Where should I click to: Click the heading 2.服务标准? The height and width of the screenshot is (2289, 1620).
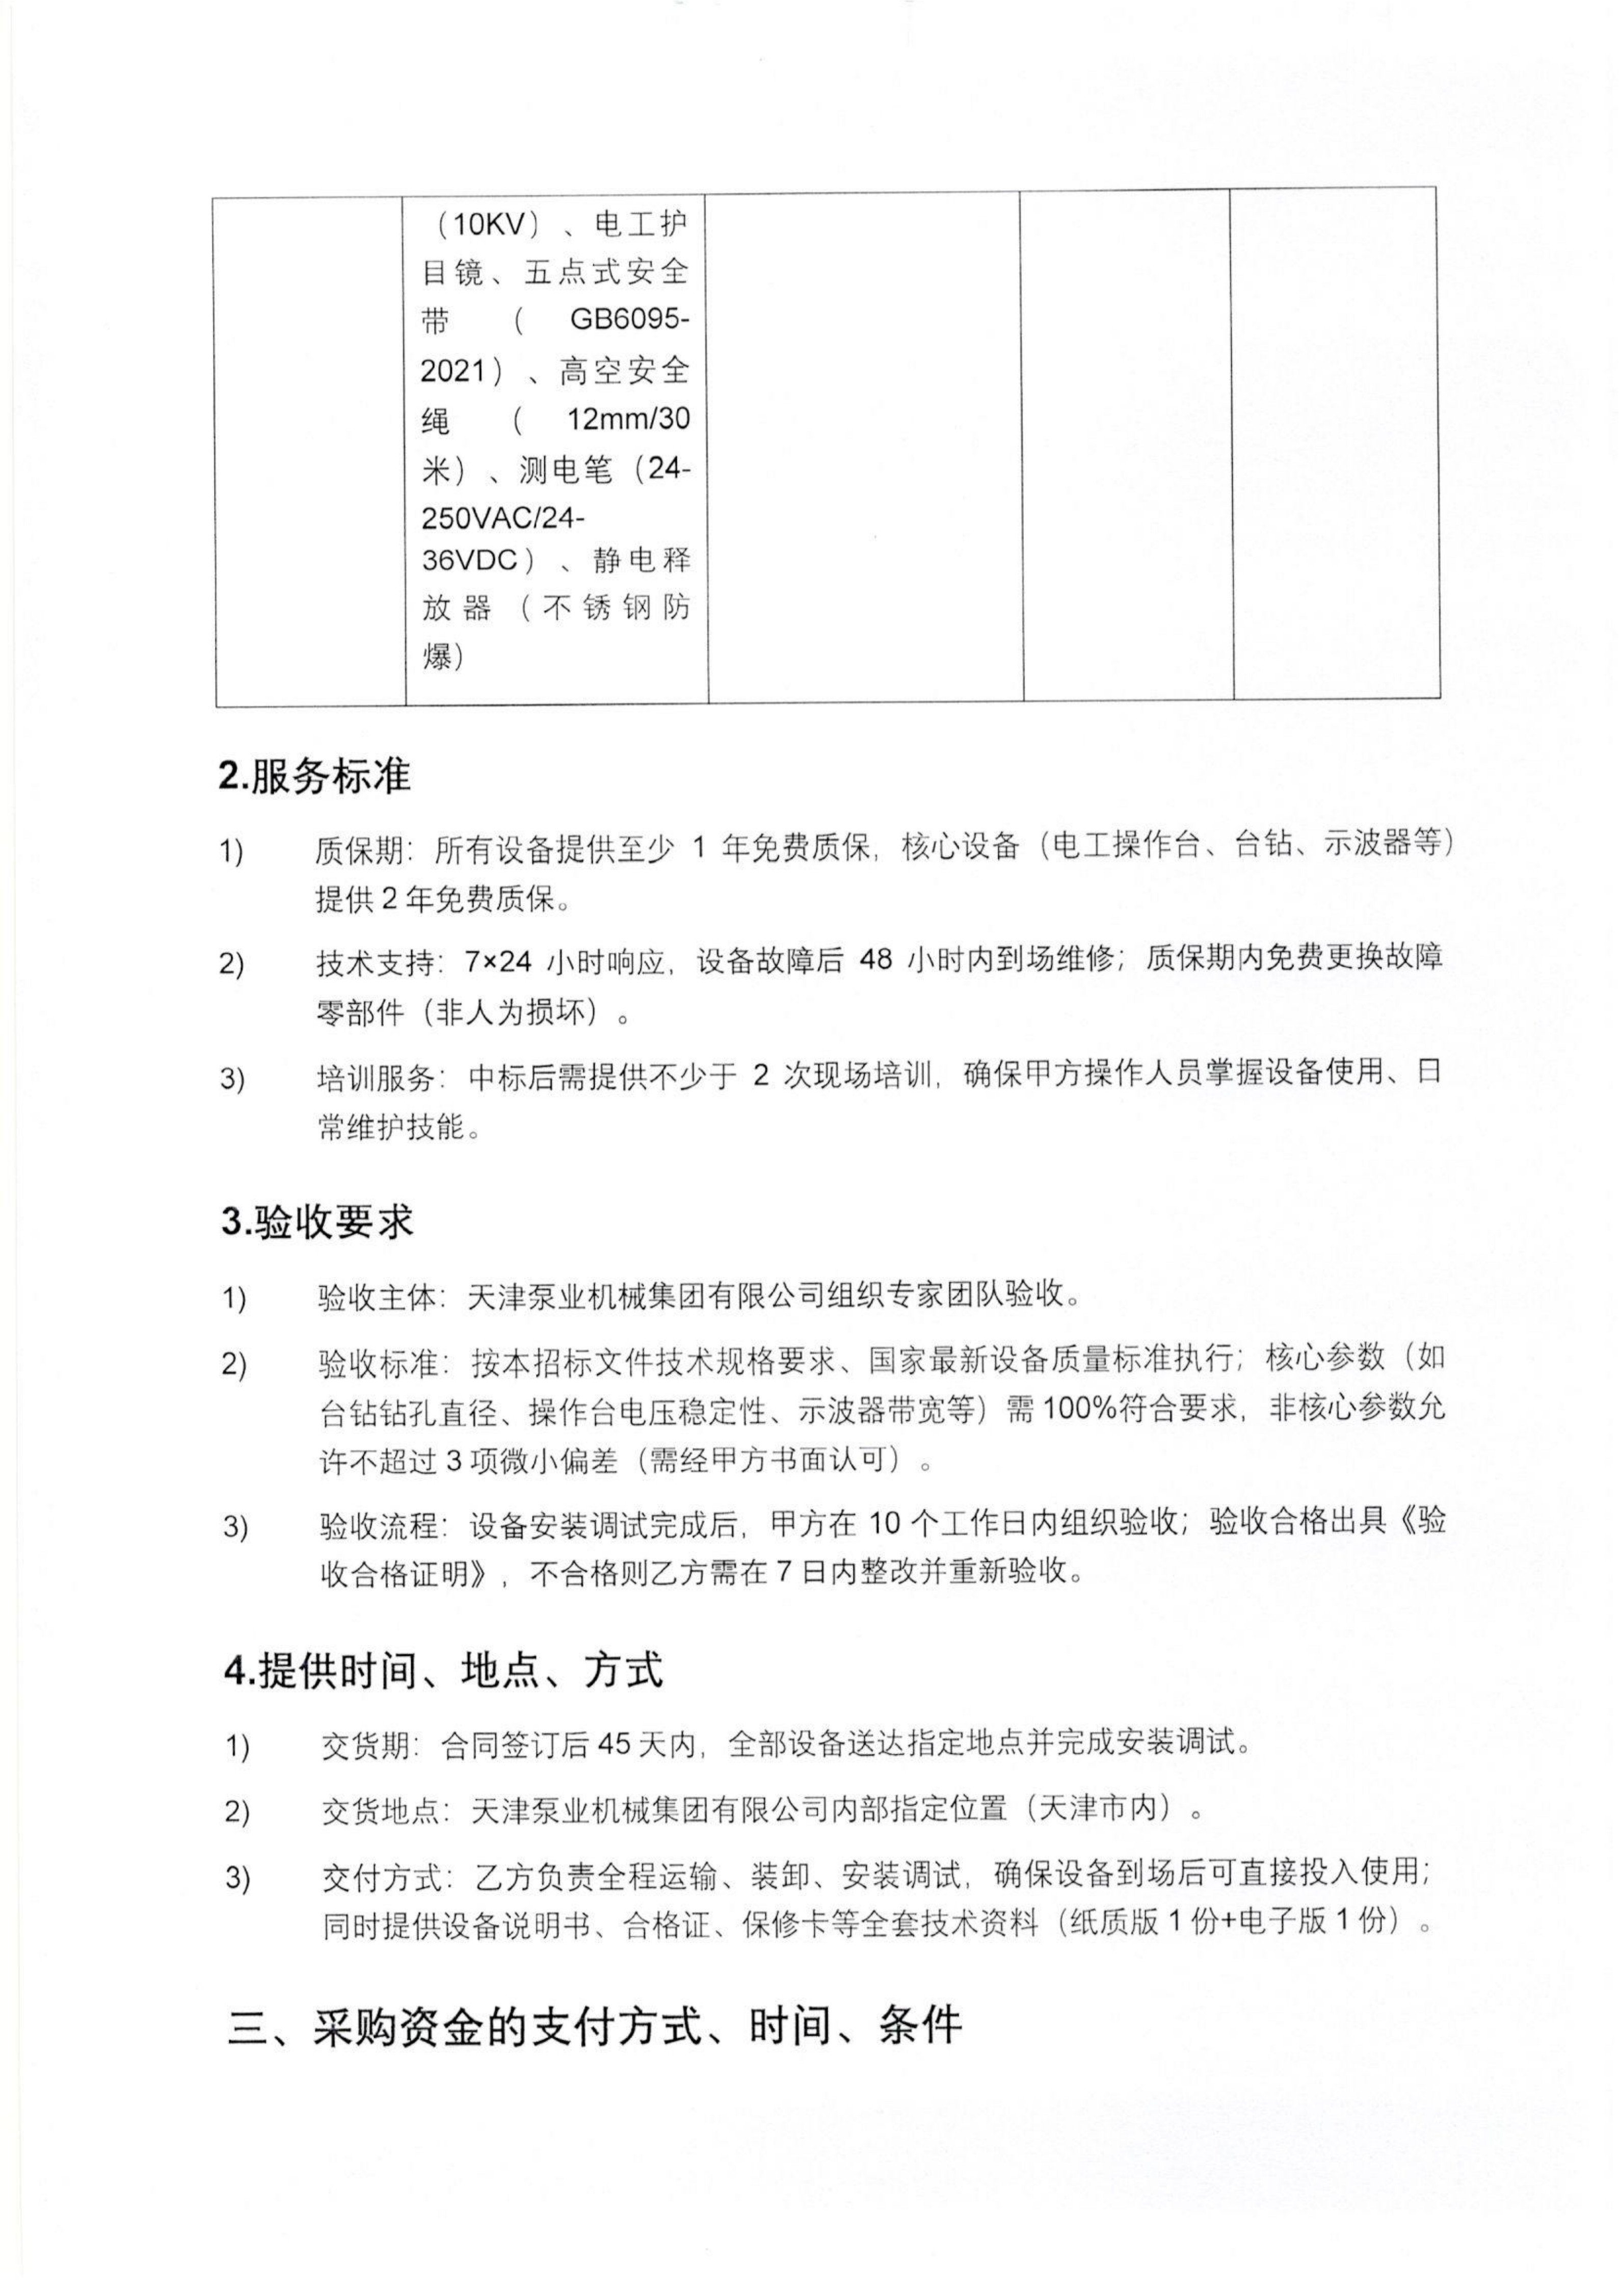point(314,775)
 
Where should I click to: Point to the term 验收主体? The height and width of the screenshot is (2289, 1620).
point(377,1298)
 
